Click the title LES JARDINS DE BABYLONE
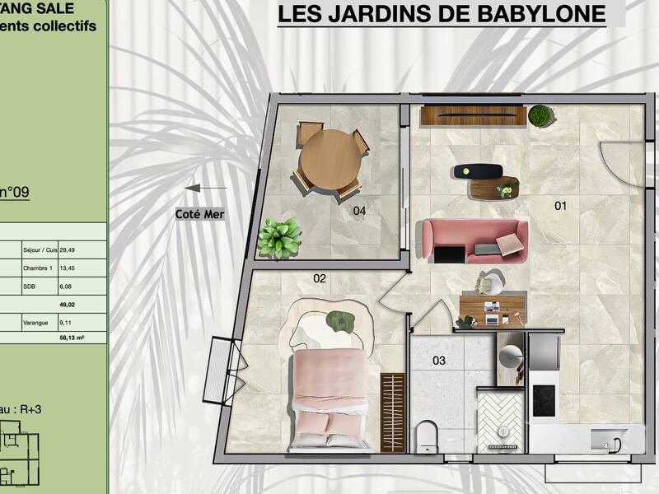pos(441,14)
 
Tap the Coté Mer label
pos(199,214)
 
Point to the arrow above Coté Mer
pos(205,189)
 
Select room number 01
pos(560,206)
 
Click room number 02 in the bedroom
pos(320,279)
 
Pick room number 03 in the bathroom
pos(439,361)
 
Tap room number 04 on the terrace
pos(359,211)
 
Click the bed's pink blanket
pos(328,382)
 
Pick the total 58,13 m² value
pos(72,338)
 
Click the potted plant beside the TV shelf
pos(541,115)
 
